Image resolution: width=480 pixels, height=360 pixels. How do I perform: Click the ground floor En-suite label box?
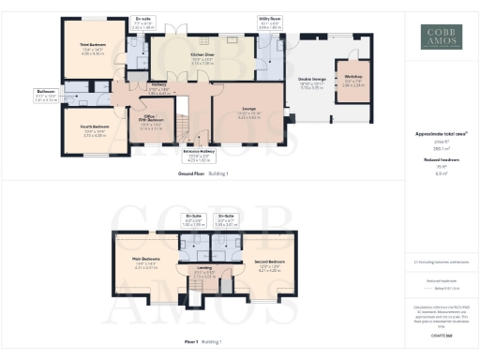142,21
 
